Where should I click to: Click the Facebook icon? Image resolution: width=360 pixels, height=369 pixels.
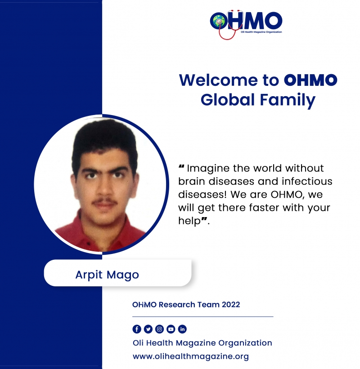pyautogui.click(x=137, y=329)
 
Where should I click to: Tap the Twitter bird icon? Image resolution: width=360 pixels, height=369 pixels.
pyautogui.click(x=148, y=329)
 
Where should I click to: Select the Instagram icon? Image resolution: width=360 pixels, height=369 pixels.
pyautogui.click(x=159, y=329)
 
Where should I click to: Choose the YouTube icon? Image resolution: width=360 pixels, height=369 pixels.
pyautogui.click(x=171, y=329)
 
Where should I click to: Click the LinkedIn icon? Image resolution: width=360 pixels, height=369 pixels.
pyautogui.click(x=182, y=329)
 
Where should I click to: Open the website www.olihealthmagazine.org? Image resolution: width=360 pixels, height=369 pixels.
pyautogui.click(x=191, y=356)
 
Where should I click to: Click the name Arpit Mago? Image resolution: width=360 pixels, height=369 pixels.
pyautogui.click(x=107, y=275)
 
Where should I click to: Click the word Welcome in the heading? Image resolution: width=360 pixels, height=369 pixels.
pyautogui.click(x=219, y=80)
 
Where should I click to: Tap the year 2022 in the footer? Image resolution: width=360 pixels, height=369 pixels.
pyautogui.click(x=231, y=305)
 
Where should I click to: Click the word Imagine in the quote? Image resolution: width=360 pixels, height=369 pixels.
pyautogui.click(x=208, y=169)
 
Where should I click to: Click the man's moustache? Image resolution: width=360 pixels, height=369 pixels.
pyautogui.click(x=105, y=202)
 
